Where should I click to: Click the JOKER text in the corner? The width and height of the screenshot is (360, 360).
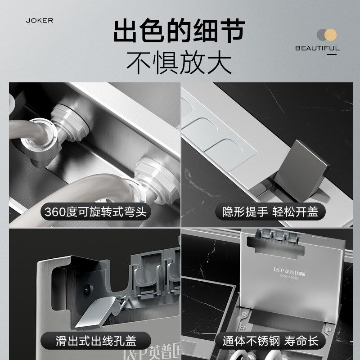(40, 21)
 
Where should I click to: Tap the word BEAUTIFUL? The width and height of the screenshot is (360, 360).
(317, 48)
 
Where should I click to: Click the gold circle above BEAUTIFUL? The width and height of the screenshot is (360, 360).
(330, 35)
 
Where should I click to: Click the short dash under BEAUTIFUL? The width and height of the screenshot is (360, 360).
(332, 55)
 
